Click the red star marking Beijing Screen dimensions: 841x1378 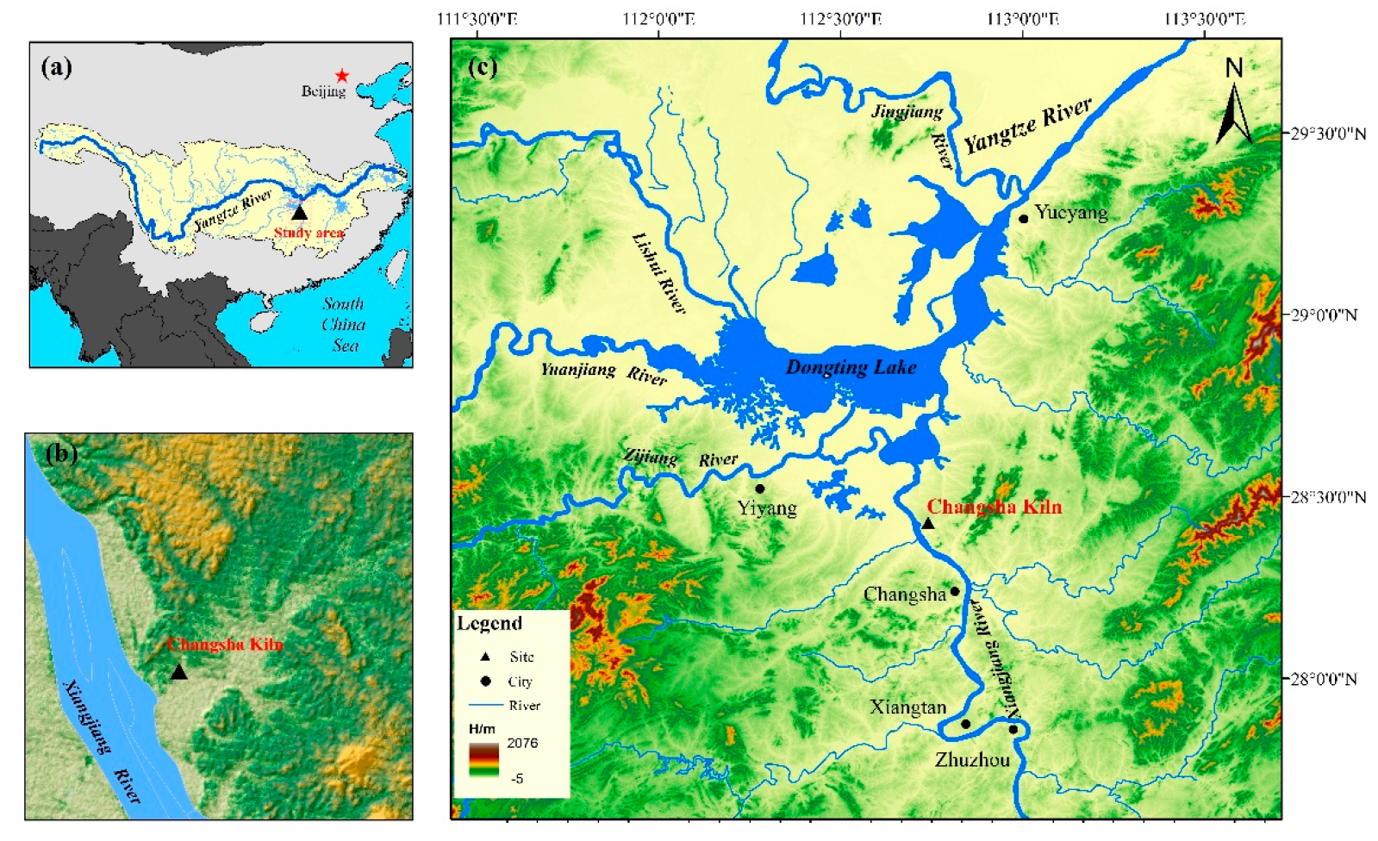[342, 76]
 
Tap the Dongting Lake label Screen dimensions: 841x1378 [851, 367]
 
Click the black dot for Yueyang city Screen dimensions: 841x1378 [1024, 218]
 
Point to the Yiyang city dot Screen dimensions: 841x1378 [759, 489]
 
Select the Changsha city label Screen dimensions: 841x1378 [904, 595]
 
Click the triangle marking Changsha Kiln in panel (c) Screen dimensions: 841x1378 [928, 523]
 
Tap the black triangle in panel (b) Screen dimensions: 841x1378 [178, 672]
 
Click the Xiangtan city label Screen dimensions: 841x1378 [907, 707]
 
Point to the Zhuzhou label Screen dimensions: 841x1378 [972, 760]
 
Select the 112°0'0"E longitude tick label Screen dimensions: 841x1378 [658, 19]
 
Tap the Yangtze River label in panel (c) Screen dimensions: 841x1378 [1027, 125]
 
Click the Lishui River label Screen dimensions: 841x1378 [659, 272]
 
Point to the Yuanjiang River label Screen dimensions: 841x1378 [603, 373]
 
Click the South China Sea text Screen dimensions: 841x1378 [343, 325]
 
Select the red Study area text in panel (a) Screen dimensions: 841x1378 [309, 233]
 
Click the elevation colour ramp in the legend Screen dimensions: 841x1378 [483, 760]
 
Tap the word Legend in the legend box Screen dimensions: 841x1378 [489, 623]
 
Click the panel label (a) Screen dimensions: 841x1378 [57, 67]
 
